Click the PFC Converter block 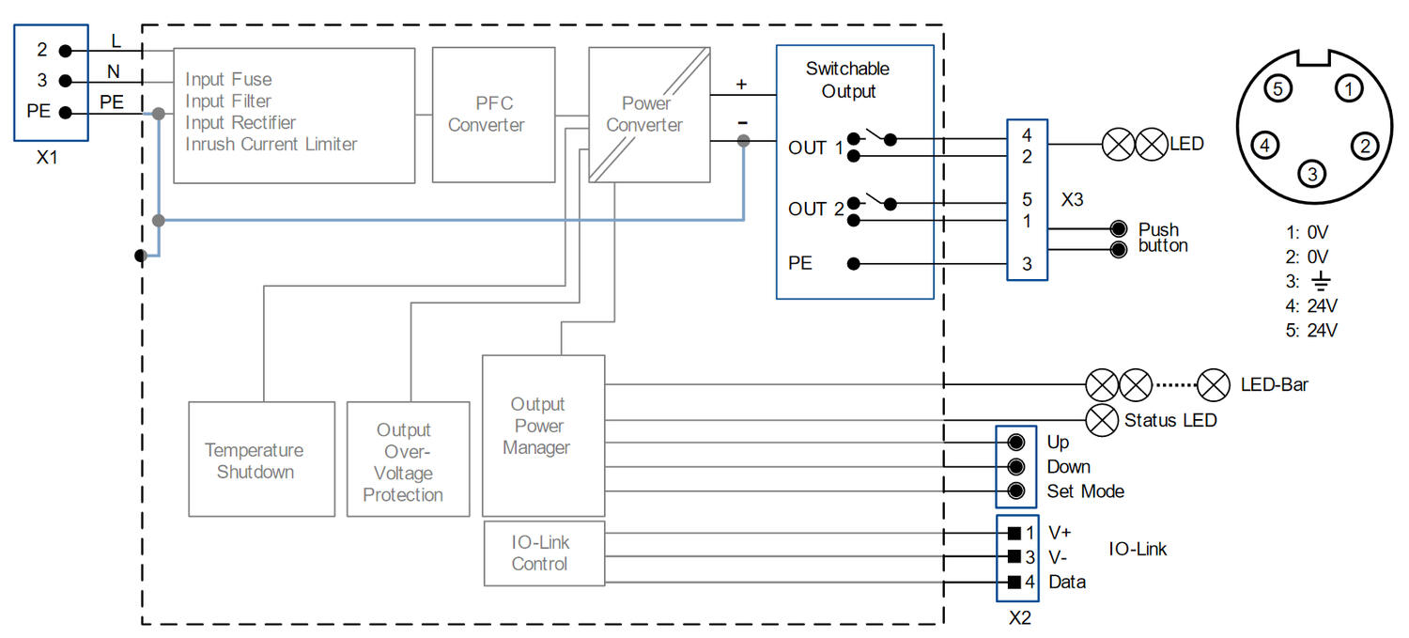[486, 115]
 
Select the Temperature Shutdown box [261, 459]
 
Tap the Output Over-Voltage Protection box [408, 459]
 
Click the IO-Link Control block [543, 553]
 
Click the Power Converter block [648, 115]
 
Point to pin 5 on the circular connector [1277, 90]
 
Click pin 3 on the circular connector [1312, 173]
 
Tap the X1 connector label [47, 158]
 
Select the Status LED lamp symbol [1101, 419]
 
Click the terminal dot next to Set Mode [1015, 490]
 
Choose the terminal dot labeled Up [1015, 442]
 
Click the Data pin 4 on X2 [1014, 582]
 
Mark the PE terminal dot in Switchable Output [853, 264]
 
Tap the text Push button [1162, 238]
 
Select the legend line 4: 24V [1309, 305]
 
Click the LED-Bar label [1274, 384]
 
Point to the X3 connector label [1073, 201]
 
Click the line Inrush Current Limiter [271, 145]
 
